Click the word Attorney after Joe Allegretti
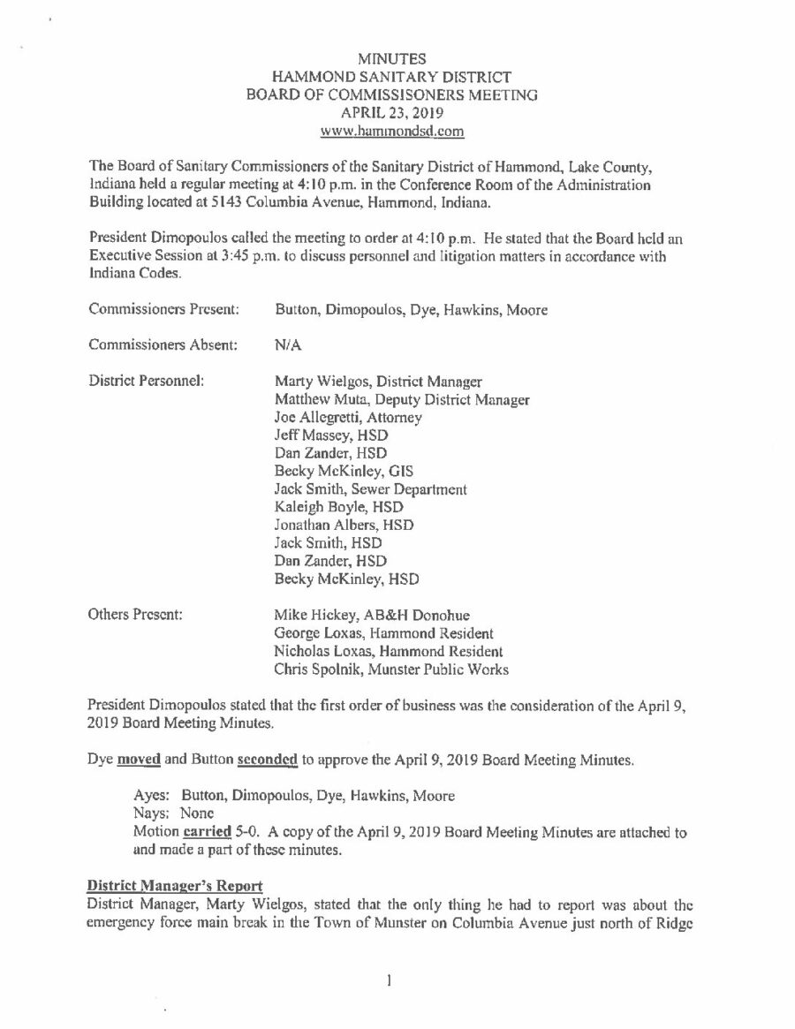click(x=391, y=417)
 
